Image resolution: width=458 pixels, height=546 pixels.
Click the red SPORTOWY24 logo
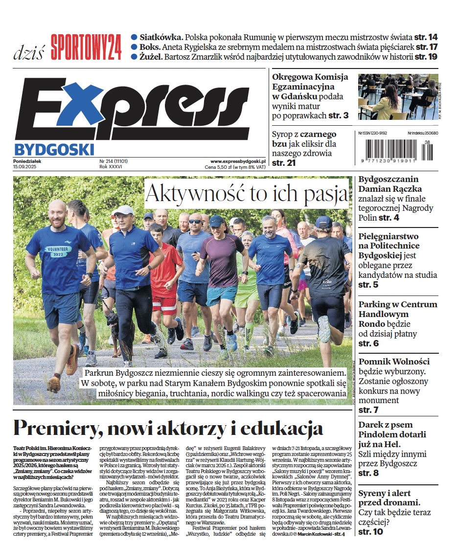coord(86,47)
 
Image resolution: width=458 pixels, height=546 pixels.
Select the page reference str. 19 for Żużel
coord(426,57)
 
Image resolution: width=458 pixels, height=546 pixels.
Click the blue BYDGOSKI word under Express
coord(54,149)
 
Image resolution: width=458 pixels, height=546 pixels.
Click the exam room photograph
coord(398,97)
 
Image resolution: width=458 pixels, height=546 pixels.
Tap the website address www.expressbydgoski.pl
coord(238,161)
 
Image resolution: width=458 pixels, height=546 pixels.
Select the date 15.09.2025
coord(28,167)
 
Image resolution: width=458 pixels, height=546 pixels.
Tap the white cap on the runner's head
coord(124,210)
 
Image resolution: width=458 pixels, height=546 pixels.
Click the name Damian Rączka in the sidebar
coord(390,189)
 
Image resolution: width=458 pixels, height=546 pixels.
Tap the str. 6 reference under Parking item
coord(368,343)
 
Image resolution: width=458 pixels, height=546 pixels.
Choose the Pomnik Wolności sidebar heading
coord(394,362)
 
